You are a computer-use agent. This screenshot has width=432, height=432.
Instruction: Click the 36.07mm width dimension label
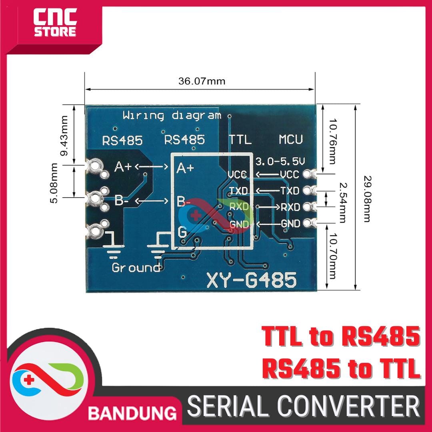(x=202, y=82)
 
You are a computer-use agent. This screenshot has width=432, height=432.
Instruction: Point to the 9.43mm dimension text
(x=68, y=136)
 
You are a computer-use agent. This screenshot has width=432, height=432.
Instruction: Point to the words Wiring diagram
(x=172, y=116)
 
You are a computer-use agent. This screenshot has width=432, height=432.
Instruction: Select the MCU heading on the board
(x=291, y=140)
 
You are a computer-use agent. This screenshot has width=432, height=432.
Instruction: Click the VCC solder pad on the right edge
(x=308, y=174)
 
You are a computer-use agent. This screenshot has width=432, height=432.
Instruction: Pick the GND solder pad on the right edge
(x=308, y=222)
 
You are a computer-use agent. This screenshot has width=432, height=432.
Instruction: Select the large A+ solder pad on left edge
(x=95, y=164)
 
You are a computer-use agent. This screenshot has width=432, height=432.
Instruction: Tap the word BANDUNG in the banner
(x=132, y=412)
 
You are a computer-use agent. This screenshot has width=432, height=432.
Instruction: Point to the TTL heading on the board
(x=240, y=140)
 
